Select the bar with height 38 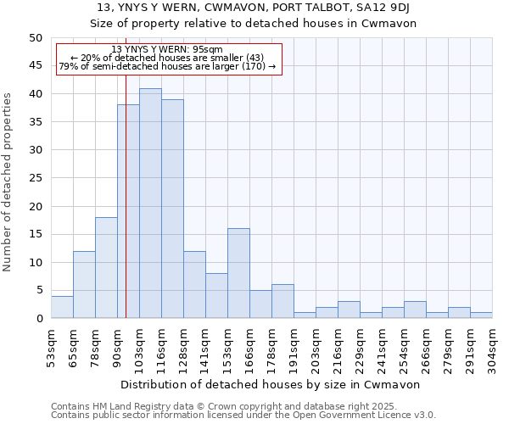(x=128, y=212)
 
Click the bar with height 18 (x=106, y=268)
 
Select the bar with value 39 (x=172, y=209)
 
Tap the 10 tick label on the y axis (x=35, y=262)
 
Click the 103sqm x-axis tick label (x=140, y=346)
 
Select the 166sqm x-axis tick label (x=250, y=346)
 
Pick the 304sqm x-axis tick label (x=493, y=346)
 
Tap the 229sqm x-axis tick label (x=361, y=346)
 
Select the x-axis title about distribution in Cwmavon (x=271, y=384)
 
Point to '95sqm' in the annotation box (x=206, y=50)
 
